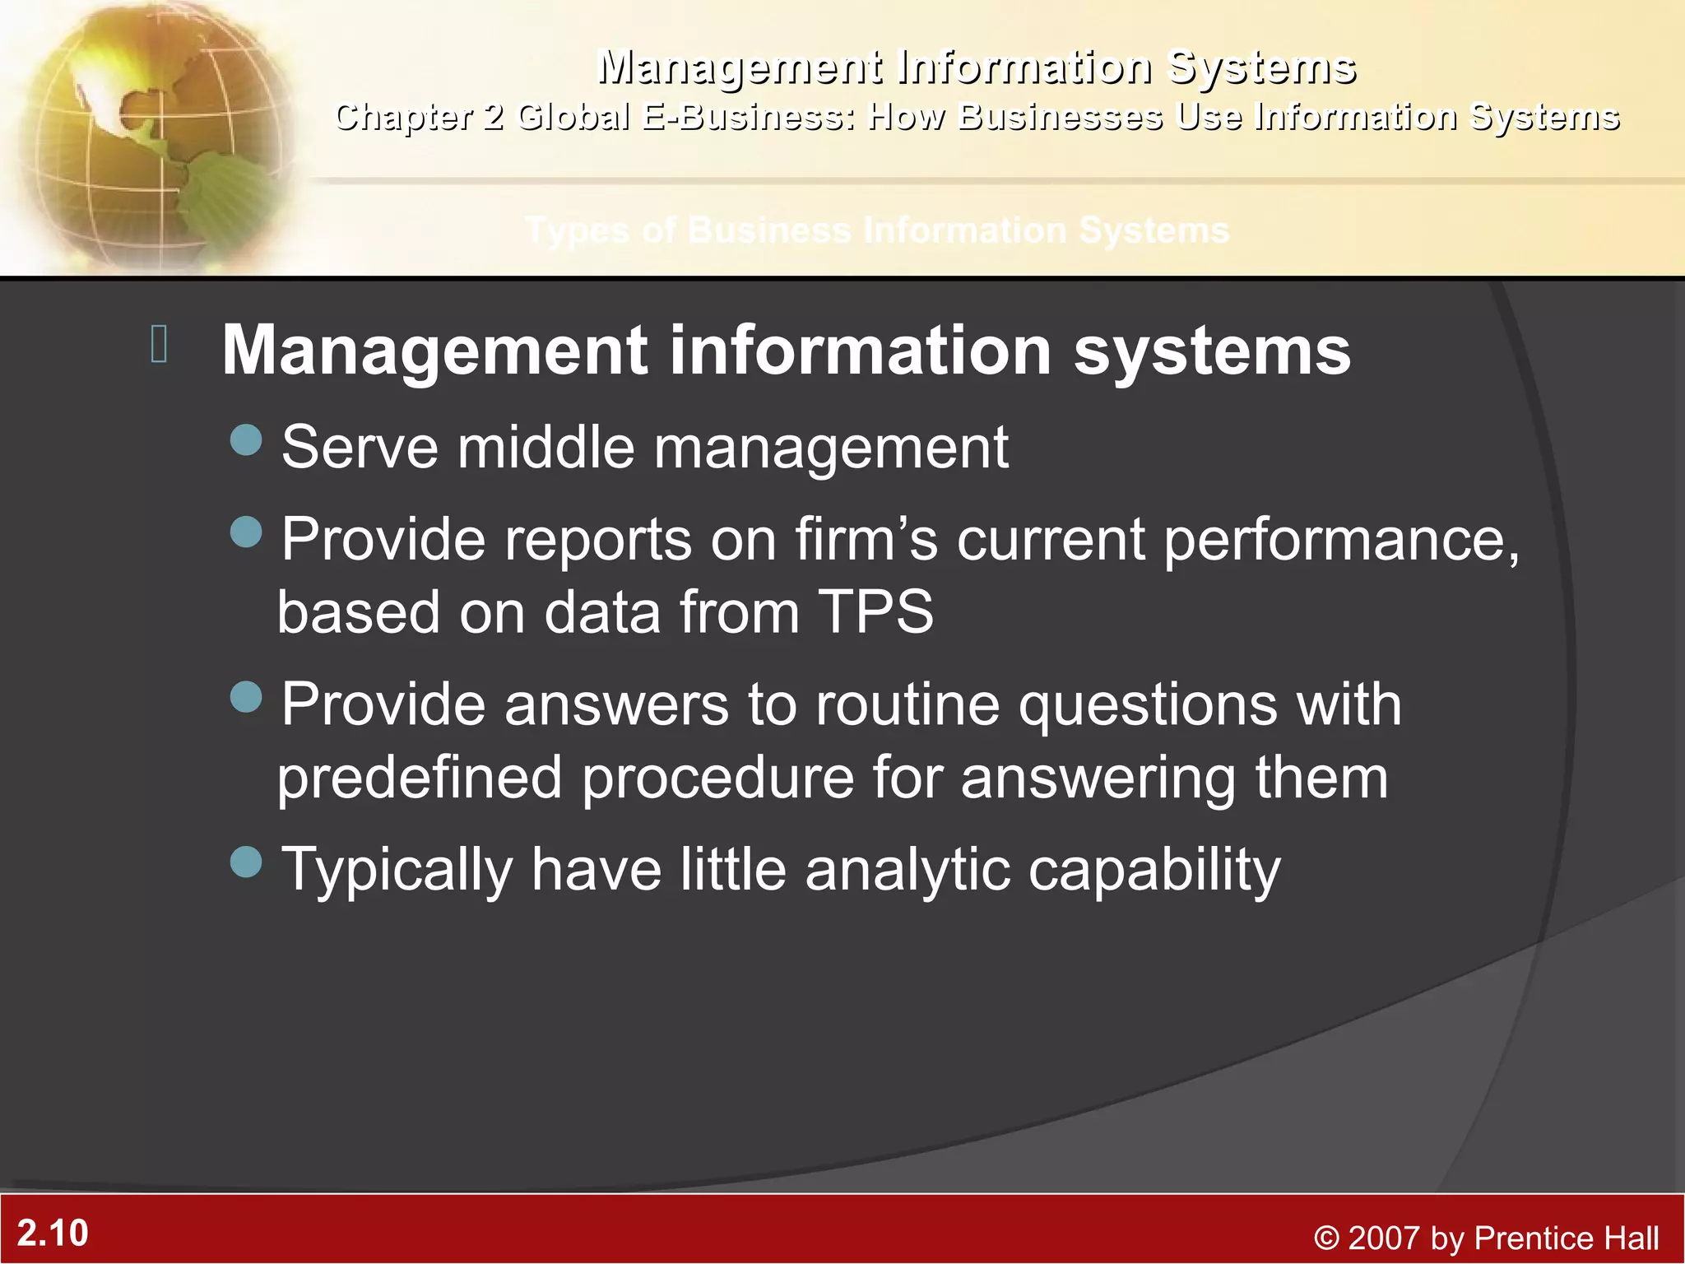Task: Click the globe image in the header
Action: pyautogui.click(x=148, y=136)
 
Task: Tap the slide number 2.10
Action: pyautogui.click(x=53, y=1233)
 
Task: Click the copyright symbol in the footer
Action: pyautogui.click(x=1325, y=1238)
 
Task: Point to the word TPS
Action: pyautogui.click(x=875, y=612)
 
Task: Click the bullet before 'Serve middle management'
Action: pyautogui.click(x=246, y=440)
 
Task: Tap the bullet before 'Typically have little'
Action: pyautogui.click(x=246, y=862)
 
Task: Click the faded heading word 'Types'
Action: pyautogui.click(x=579, y=231)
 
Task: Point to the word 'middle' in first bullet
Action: pyautogui.click(x=546, y=448)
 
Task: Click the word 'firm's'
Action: pyautogui.click(x=866, y=540)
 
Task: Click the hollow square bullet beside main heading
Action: pyautogui.click(x=160, y=344)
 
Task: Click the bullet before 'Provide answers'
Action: pyautogui.click(x=246, y=698)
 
